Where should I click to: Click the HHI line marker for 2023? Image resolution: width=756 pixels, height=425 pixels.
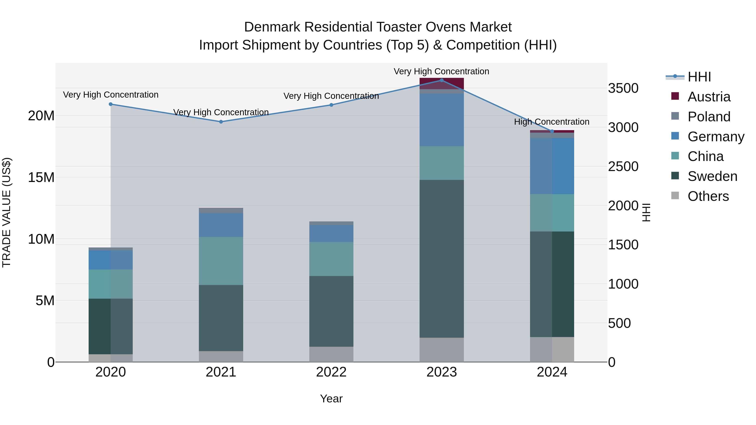click(441, 80)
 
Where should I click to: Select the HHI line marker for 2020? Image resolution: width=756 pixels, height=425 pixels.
click(111, 104)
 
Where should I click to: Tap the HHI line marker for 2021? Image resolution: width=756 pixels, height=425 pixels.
click(221, 122)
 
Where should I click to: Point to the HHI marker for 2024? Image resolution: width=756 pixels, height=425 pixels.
click(552, 131)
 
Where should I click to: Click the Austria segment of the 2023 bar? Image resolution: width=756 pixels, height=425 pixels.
click(441, 83)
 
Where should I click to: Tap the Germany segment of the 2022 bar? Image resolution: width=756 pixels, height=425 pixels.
click(331, 233)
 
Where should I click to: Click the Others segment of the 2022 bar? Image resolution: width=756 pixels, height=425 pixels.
click(331, 354)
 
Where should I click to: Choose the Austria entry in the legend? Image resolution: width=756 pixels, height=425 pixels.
click(709, 97)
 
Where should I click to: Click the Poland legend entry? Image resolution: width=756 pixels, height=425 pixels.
click(709, 117)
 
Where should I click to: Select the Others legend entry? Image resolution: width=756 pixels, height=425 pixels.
click(708, 196)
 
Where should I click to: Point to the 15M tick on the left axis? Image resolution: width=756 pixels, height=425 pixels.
click(41, 177)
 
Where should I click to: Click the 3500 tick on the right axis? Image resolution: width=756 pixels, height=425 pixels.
click(623, 88)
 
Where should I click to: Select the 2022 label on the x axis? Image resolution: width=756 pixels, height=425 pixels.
click(331, 372)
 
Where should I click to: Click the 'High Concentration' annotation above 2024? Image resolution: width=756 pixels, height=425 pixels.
click(552, 122)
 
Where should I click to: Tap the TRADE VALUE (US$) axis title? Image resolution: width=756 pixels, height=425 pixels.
click(7, 212)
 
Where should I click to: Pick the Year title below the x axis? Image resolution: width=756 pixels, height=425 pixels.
click(331, 399)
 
